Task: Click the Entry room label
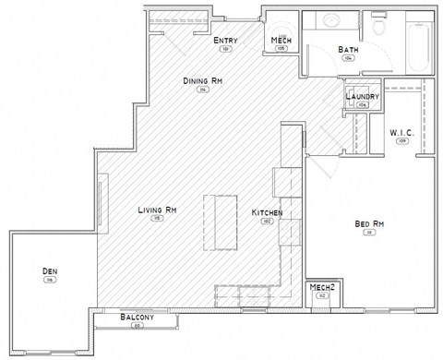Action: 225,41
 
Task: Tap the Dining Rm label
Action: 203,82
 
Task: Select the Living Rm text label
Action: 158,210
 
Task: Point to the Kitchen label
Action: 267,213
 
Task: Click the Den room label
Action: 50,270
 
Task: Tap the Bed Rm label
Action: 369,224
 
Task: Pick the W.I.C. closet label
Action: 401,133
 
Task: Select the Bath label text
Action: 348,49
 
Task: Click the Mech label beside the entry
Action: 281,41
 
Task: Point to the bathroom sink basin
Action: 330,20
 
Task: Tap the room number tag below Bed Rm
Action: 369,234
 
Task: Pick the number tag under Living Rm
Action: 158,219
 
